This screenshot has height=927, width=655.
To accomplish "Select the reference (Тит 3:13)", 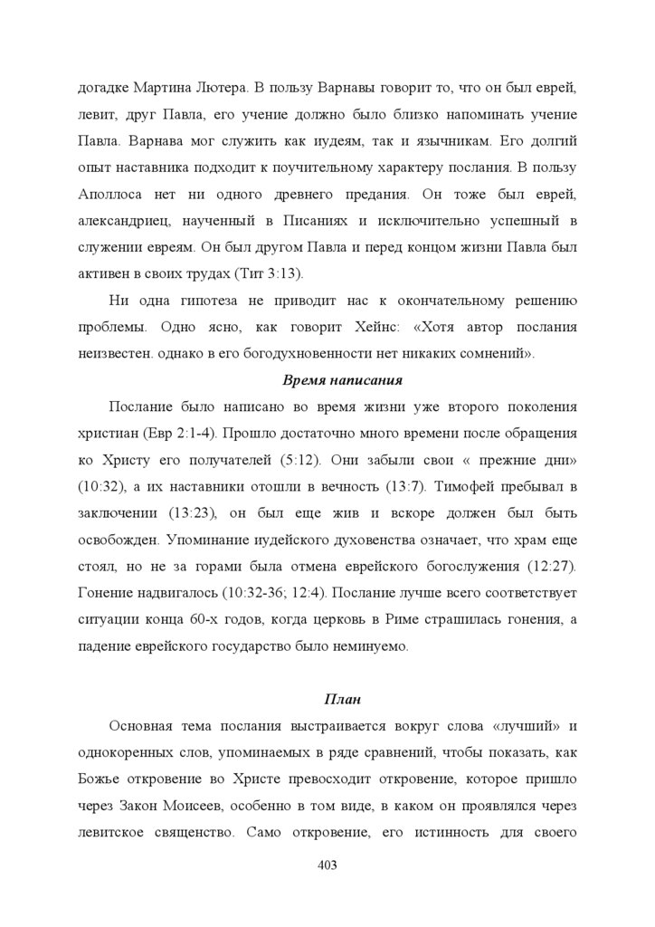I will (269, 274).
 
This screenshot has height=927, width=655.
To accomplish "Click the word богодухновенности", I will (302, 353).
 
